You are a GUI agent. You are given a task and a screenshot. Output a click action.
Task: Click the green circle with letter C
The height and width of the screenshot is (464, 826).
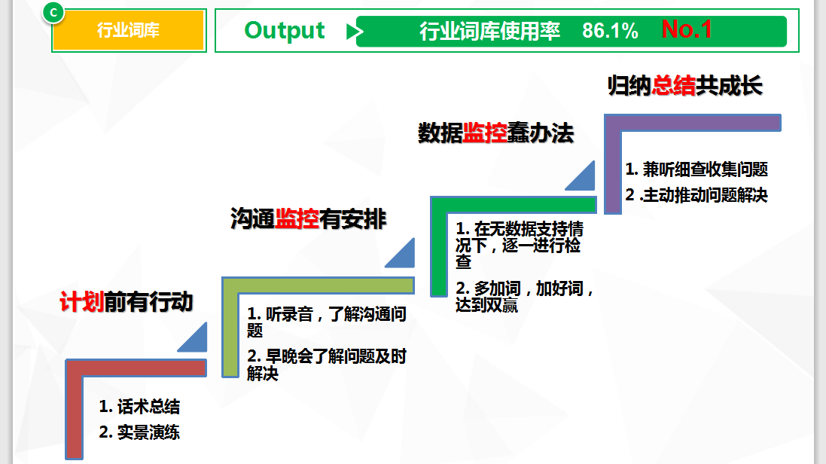tap(53, 12)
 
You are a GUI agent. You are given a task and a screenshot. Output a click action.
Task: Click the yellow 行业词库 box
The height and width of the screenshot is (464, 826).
tap(129, 31)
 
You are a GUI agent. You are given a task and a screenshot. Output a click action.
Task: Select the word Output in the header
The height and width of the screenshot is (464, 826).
tap(285, 31)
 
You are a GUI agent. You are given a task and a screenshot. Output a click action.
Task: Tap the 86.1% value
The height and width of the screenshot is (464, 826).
tap(610, 31)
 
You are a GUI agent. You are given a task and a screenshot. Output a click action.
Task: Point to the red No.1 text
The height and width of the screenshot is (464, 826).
tap(687, 29)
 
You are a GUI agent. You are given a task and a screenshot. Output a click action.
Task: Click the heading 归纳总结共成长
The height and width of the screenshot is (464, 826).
tap(685, 86)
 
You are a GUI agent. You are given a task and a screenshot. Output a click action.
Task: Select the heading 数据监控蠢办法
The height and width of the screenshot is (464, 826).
tap(496, 133)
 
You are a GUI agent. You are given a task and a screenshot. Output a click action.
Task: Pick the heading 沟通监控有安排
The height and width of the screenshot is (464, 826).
tap(309, 219)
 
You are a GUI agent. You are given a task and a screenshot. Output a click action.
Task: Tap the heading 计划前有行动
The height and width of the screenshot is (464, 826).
tap(126, 301)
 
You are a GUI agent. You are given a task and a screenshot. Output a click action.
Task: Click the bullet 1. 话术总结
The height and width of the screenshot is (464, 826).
tap(140, 407)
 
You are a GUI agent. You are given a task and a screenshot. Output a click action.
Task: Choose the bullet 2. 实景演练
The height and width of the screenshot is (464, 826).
tap(140, 432)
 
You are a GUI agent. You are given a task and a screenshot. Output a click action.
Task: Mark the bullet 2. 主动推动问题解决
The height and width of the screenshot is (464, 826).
tap(696, 195)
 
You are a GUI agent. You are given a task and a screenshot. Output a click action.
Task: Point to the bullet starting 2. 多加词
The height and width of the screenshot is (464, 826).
tap(525, 297)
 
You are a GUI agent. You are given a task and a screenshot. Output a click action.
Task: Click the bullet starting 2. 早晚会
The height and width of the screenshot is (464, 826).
tap(327, 364)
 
